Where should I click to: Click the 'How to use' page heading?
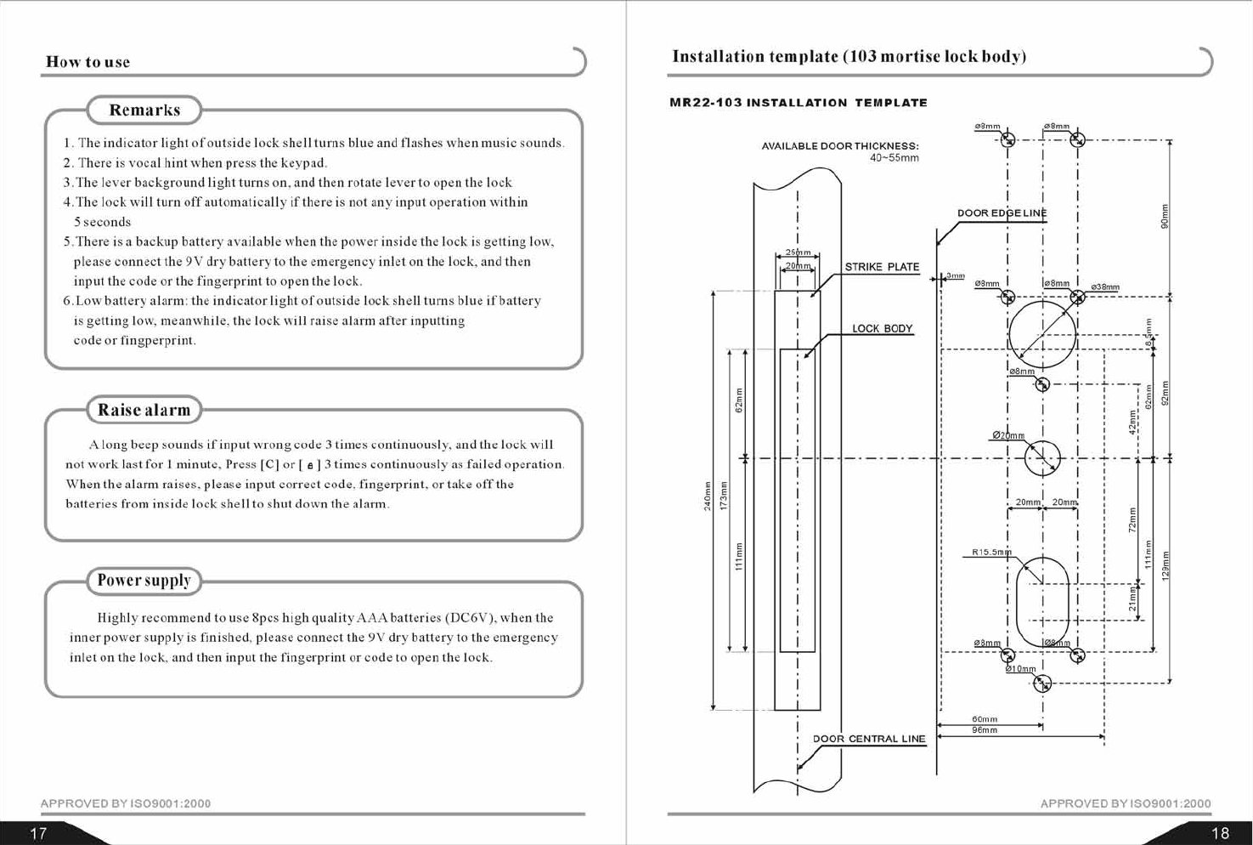click(x=87, y=62)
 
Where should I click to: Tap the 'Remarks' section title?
click(x=144, y=111)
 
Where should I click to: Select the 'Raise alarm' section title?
click(x=144, y=410)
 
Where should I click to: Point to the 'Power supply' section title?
click(x=144, y=581)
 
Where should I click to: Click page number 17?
click(x=38, y=833)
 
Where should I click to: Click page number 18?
click(x=1219, y=833)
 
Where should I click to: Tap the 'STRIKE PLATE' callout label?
click(x=882, y=267)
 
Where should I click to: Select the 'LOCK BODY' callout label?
click(x=882, y=329)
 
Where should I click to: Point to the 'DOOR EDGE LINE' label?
click(x=1002, y=213)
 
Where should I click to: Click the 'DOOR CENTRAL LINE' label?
click(x=869, y=739)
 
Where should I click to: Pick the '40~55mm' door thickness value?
click(x=894, y=158)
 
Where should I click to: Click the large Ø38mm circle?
click(x=1042, y=333)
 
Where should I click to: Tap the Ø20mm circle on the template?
click(x=1042, y=459)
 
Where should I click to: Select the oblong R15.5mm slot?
click(x=1042, y=601)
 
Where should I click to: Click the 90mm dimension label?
click(x=1165, y=217)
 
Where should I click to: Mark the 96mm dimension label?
click(x=985, y=730)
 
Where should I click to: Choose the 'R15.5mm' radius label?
click(x=991, y=553)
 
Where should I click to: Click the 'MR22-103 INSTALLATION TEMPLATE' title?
click(x=798, y=103)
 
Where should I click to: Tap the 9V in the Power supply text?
click(x=377, y=638)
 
